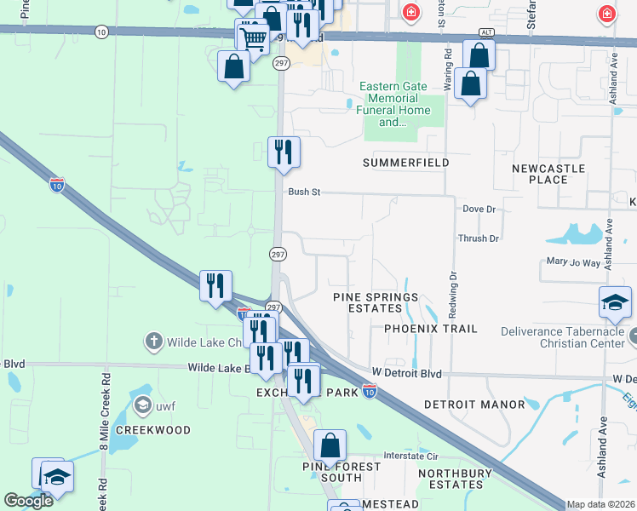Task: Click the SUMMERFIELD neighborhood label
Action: [x=405, y=163]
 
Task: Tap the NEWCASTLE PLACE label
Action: [x=548, y=175]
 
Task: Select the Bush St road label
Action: [x=303, y=192]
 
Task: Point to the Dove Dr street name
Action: [x=479, y=209]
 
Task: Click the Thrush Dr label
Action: [x=478, y=238]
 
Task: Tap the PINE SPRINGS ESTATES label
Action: [x=375, y=302]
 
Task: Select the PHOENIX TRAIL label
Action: [x=430, y=329]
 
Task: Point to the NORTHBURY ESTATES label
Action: [x=456, y=479]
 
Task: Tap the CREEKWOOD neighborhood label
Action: [x=153, y=430]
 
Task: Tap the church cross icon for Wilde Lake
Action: [x=153, y=342]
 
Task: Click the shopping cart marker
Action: [x=253, y=37]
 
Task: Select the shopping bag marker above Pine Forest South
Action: [x=330, y=445]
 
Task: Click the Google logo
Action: [x=28, y=501]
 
